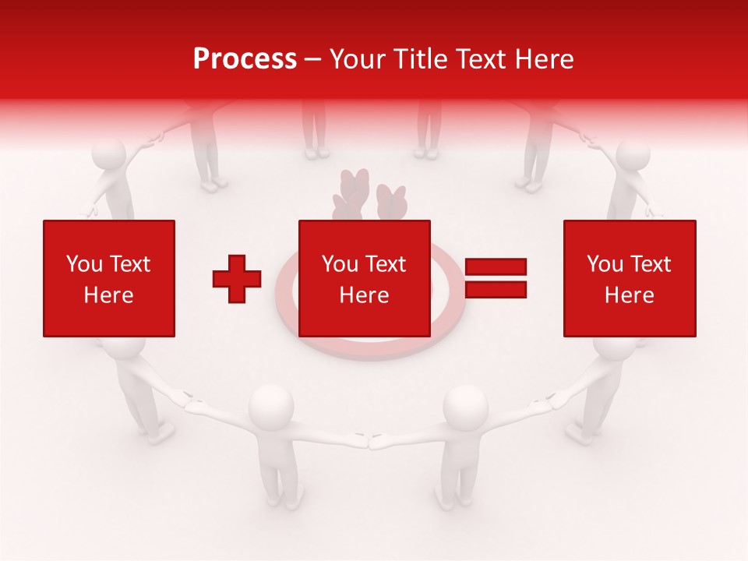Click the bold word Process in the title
245,59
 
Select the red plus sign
237,278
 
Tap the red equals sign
496,278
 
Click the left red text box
109,278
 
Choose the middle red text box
365,278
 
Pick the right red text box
630,278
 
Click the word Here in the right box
630,295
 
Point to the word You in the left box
83,264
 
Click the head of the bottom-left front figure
271,404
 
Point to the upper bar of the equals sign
496,267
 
